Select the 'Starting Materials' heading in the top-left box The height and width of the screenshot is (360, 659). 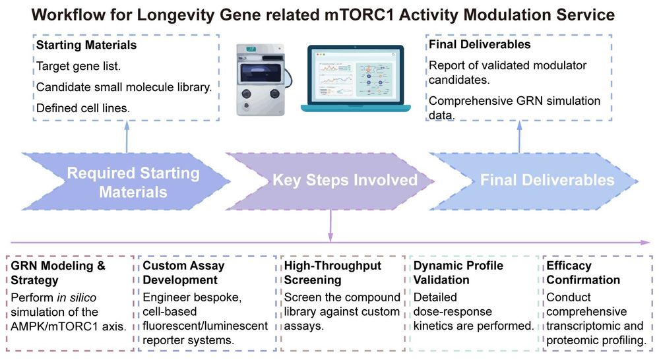coord(86,45)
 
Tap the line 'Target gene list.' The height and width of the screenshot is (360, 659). coord(78,67)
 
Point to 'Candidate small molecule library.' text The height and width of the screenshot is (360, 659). coord(123,87)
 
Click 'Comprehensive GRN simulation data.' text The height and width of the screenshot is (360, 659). coord(514,107)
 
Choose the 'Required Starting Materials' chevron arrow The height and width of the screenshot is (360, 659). coord(132,182)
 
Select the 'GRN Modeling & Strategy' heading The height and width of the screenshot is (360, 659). coord(58,272)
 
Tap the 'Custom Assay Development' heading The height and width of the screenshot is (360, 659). coord(183,272)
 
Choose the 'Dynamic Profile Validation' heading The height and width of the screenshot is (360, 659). coord(458,272)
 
